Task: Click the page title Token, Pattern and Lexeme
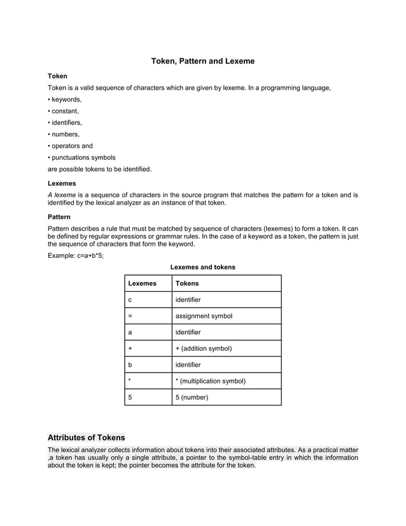point(202,61)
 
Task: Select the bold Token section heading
point(58,76)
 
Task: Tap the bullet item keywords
point(65,99)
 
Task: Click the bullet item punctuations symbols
point(81,157)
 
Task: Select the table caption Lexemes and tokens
point(202,267)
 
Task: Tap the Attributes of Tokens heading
point(87,437)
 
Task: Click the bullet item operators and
point(71,146)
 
